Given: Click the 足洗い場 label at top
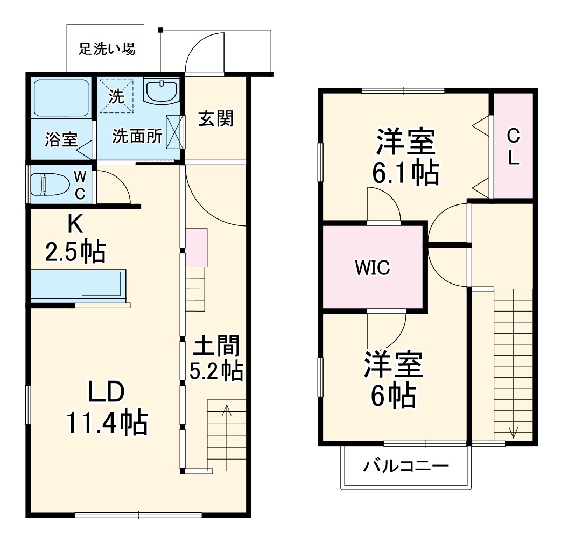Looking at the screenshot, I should (107, 50).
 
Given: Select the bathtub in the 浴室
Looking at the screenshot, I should (60, 98).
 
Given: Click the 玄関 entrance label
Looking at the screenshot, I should (216, 118).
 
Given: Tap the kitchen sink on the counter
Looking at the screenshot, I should (101, 284).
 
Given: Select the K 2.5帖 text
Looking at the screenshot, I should (75, 238).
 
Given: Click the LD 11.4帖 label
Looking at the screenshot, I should (107, 408).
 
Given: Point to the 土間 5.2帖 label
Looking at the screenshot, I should (216, 358).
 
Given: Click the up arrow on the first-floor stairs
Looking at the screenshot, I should (227, 412).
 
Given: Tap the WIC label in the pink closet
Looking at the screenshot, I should (372, 268).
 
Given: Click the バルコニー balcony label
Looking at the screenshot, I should (405, 466).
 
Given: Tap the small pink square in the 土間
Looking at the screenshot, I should (196, 248).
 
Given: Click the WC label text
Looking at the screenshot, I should (80, 185).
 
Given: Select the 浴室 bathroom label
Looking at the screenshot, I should (60, 140).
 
